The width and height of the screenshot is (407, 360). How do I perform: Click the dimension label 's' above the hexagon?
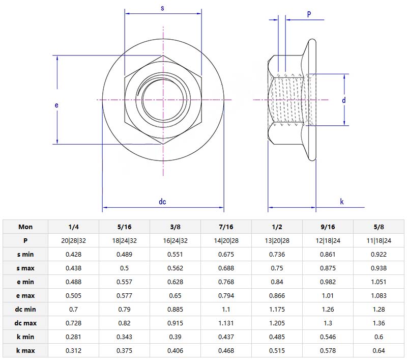pyautogui.click(x=162, y=8)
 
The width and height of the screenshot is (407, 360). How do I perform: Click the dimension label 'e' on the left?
pyautogui.click(x=56, y=105)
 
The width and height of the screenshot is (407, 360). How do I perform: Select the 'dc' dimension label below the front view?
pyautogui.click(x=162, y=202)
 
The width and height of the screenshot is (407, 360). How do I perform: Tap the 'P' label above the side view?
pyautogui.click(x=309, y=14)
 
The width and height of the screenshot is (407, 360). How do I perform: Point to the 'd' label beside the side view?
pyautogui.click(x=344, y=100)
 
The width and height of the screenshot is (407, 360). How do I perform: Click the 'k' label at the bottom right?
pyautogui.click(x=342, y=202)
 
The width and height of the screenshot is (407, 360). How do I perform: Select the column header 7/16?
pyautogui.click(x=226, y=227)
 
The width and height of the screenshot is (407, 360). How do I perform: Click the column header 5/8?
pyautogui.click(x=379, y=227)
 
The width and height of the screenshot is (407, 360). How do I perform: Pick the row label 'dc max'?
pyautogui.click(x=25, y=323)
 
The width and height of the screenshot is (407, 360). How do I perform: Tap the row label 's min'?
pyautogui.click(x=25, y=254)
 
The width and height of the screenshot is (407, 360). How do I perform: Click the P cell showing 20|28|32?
pyautogui.click(x=73, y=240)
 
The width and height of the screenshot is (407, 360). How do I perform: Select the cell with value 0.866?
pyautogui.click(x=277, y=295)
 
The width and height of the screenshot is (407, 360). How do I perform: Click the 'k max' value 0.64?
pyautogui.click(x=379, y=350)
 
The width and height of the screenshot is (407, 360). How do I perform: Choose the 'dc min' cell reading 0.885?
pyautogui.click(x=175, y=309)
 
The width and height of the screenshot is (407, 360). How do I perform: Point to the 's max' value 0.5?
pyautogui.click(x=124, y=268)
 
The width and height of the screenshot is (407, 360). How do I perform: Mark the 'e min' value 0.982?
pyautogui.click(x=328, y=282)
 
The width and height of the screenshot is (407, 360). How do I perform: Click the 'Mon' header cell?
pyautogui.click(x=25, y=227)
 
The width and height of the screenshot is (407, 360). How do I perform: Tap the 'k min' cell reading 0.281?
pyautogui.click(x=73, y=337)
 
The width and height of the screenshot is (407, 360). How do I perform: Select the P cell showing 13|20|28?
pyautogui.click(x=277, y=240)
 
